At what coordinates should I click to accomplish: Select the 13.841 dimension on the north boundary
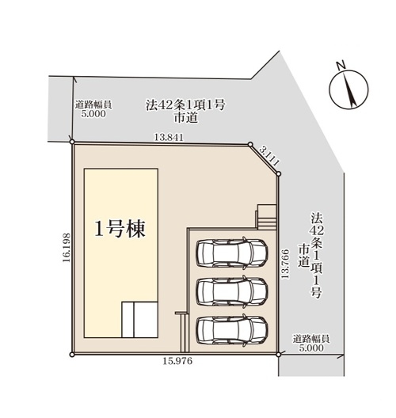coord(169,138)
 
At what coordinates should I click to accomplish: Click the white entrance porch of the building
coord(139,320)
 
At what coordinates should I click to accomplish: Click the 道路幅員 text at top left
coord(93,104)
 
